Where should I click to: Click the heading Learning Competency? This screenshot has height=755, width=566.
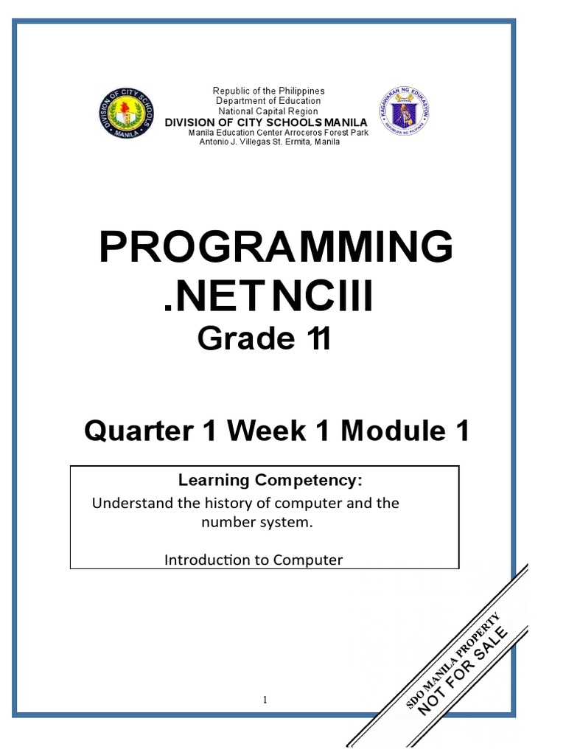click(x=270, y=481)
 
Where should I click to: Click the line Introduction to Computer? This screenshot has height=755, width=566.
click(x=254, y=560)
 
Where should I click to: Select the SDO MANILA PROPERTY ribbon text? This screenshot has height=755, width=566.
click(x=454, y=650)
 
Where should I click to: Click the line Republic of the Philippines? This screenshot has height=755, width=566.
click(x=269, y=91)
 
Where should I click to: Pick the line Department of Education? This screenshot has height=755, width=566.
click(x=268, y=100)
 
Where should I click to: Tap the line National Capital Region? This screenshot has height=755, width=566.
click(x=268, y=111)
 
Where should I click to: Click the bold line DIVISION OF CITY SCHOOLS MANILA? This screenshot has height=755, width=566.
click(x=265, y=122)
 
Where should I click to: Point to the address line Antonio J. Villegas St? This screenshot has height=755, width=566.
click(x=270, y=142)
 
